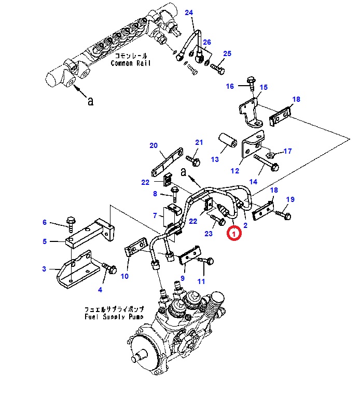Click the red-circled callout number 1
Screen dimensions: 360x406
(x=234, y=233)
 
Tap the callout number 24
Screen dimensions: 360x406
(x=189, y=12)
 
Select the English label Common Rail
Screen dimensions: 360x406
(x=130, y=63)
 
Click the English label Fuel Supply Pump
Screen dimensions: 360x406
(x=114, y=316)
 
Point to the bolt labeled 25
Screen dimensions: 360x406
(x=217, y=69)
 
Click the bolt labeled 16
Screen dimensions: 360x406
(x=251, y=83)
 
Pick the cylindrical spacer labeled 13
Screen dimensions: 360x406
(x=228, y=140)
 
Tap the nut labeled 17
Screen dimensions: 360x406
(x=270, y=155)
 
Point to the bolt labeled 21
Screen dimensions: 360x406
(x=193, y=160)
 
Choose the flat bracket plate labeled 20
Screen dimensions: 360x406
(x=167, y=162)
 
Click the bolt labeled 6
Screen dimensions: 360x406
(x=71, y=224)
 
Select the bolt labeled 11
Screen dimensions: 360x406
(x=206, y=260)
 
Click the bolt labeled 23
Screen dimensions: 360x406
(x=218, y=220)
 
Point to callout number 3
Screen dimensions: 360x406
(x=44, y=269)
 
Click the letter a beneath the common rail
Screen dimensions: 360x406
(x=90, y=101)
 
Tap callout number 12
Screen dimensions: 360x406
(x=235, y=171)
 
